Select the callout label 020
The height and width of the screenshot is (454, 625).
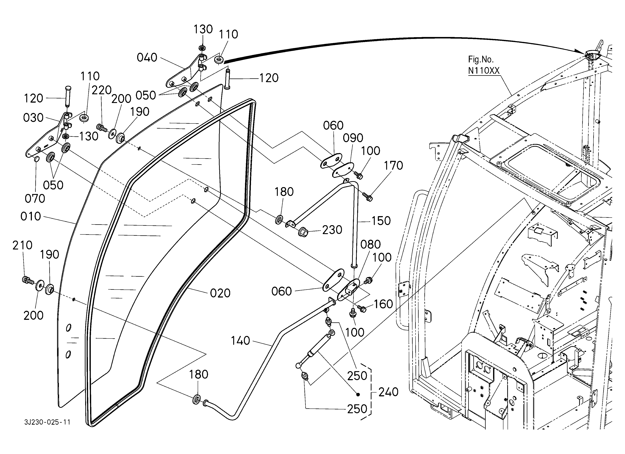220,293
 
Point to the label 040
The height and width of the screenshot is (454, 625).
147,58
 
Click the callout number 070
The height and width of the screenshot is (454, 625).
35,199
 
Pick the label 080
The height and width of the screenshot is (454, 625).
371,245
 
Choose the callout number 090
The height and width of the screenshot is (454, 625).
353,138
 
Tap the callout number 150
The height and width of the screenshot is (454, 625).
381,221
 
